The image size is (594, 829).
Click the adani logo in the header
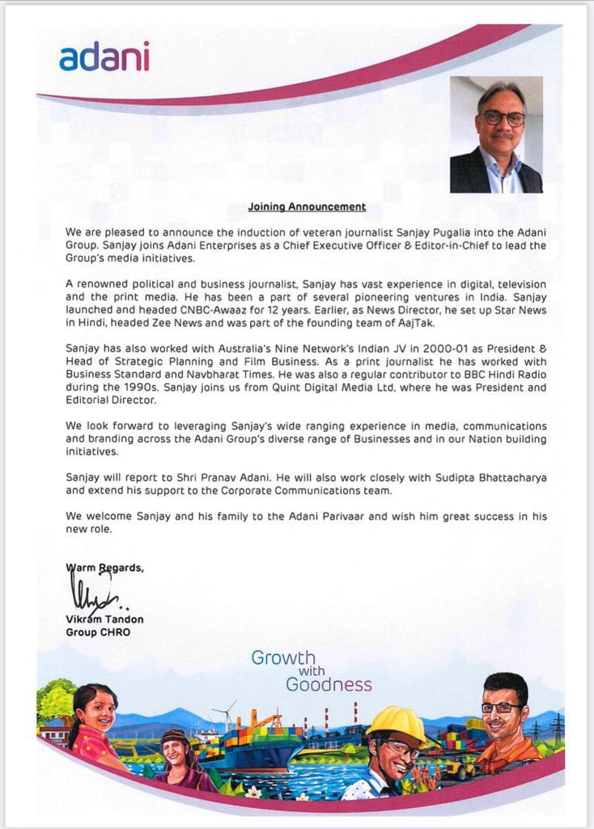[x=104, y=57]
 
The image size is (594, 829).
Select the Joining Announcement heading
[x=307, y=207]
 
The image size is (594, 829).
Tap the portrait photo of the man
[x=496, y=134]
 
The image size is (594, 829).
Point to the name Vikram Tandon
[x=104, y=619]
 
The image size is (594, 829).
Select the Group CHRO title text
[x=98, y=632]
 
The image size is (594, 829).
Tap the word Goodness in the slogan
[x=329, y=685]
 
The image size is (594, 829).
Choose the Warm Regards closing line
[x=104, y=568]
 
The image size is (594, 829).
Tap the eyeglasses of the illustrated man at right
[x=501, y=708]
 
